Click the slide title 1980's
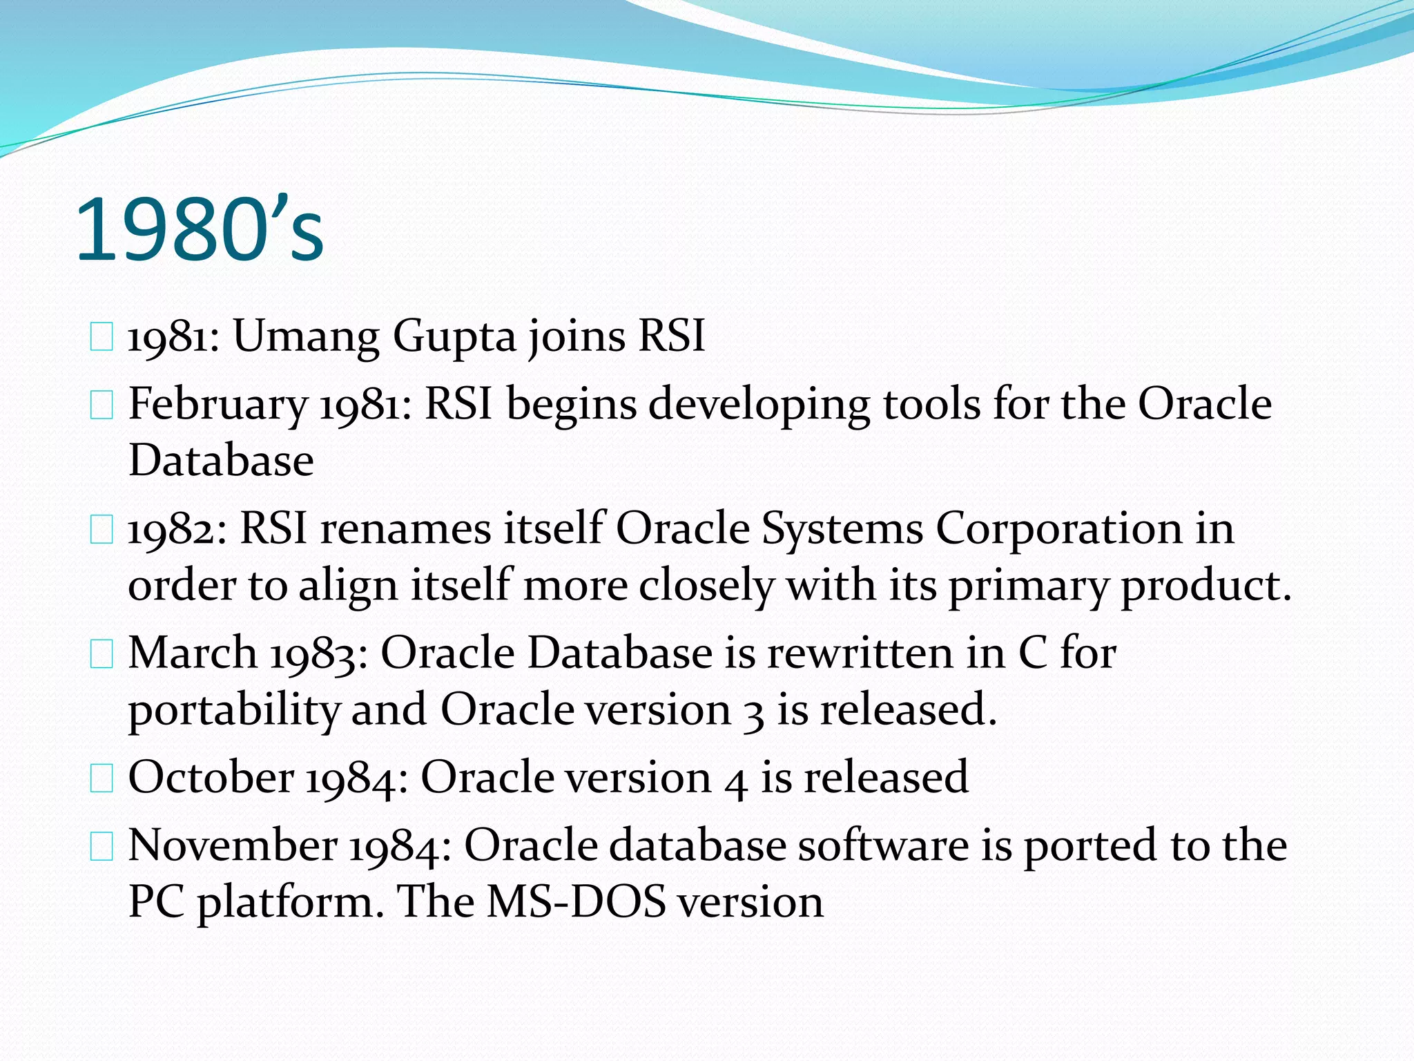tap(199, 230)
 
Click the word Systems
tap(842, 530)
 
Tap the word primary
tap(1028, 586)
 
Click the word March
tap(193, 653)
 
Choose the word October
tap(211, 777)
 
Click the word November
tap(233, 845)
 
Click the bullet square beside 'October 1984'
tap(101, 779)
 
